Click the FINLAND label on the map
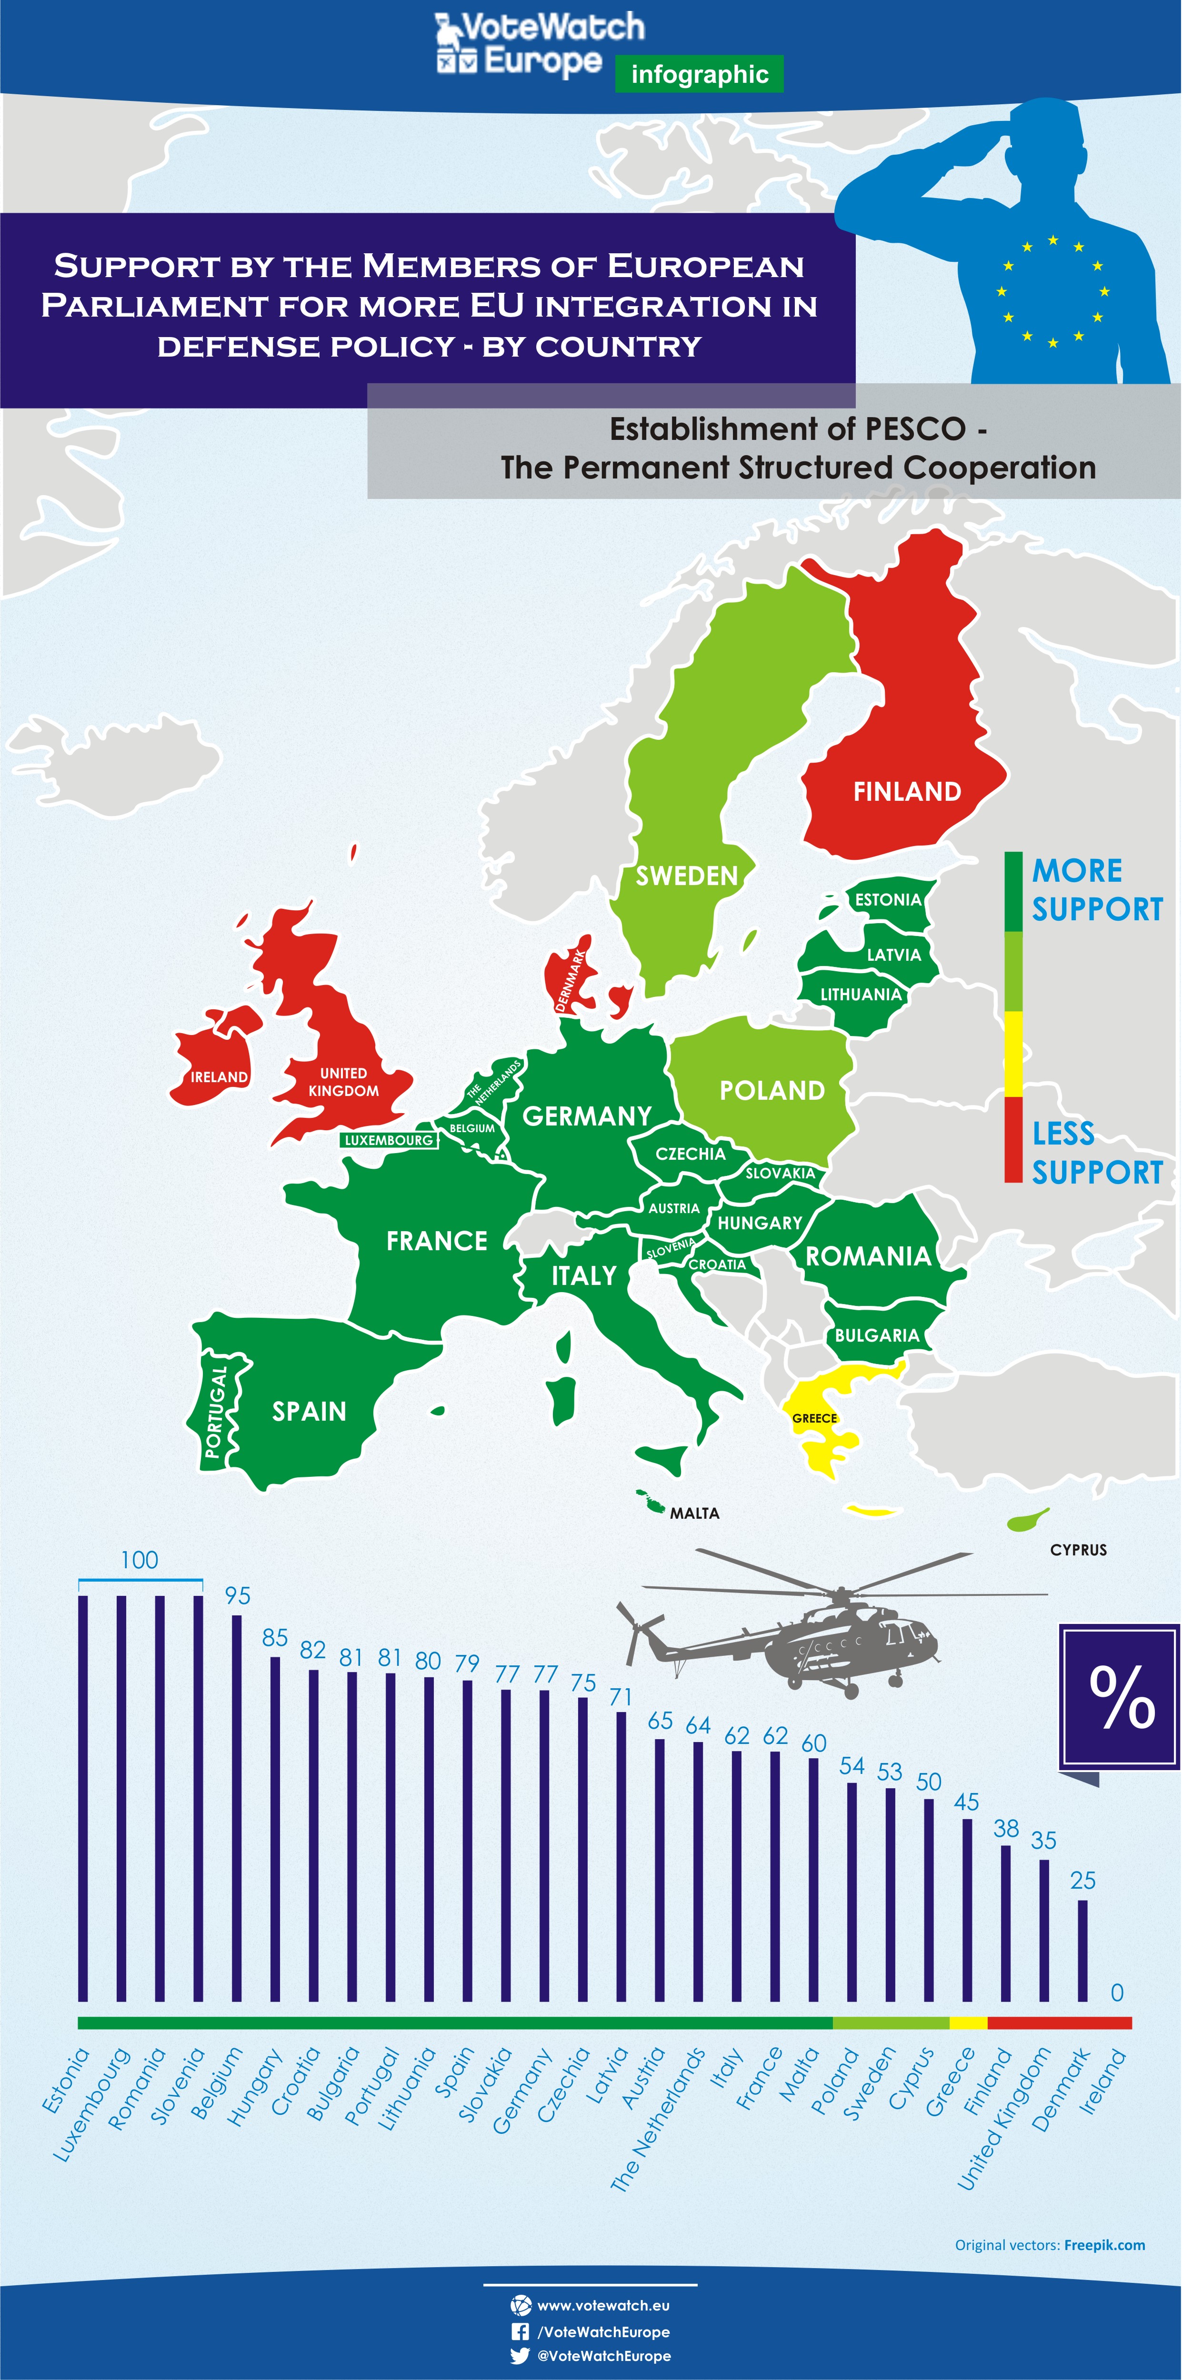pyautogui.click(x=907, y=792)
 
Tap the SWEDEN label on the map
pyautogui.click(x=687, y=876)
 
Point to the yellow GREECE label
pyautogui.click(x=814, y=1418)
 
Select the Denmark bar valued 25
pyautogui.click(x=1082, y=1950)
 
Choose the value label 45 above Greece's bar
pyautogui.click(x=967, y=1802)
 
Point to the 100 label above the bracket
pyautogui.click(x=140, y=1561)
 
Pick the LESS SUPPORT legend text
pyautogui.click(x=1097, y=1152)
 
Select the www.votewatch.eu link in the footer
pyautogui.click(x=602, y=2306)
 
